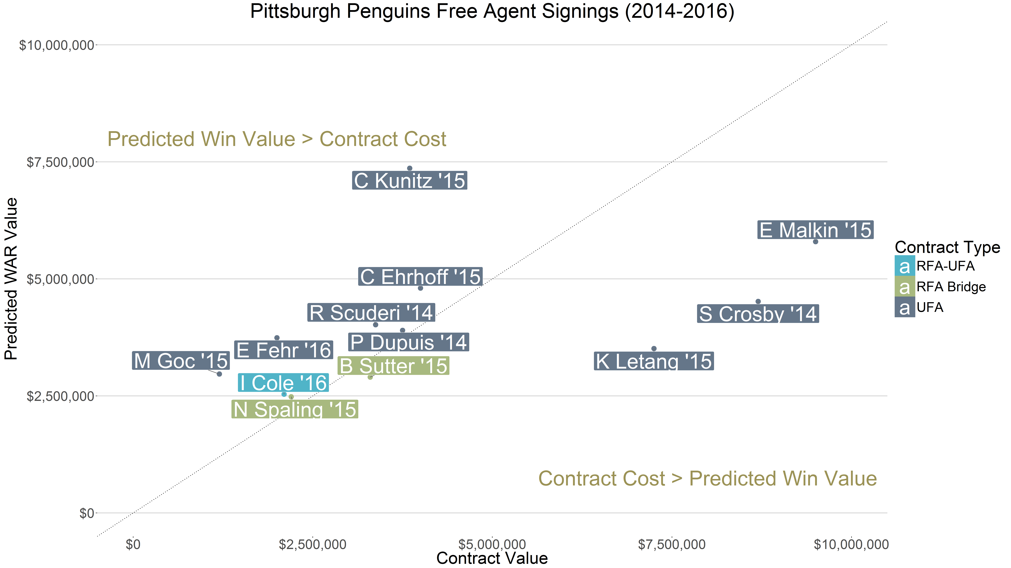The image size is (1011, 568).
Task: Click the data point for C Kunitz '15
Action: tap(409, 168)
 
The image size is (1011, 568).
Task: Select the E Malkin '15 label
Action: tap(815, 230)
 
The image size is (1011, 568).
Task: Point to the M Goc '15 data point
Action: tap(219, 374)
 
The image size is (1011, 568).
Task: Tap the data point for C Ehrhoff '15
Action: tap(420, 288)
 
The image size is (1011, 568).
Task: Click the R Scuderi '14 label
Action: tap(371, 313)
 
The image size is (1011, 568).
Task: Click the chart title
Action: tap(492, 11)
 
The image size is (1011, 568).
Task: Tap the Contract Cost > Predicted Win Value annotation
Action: tap(707, 479)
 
